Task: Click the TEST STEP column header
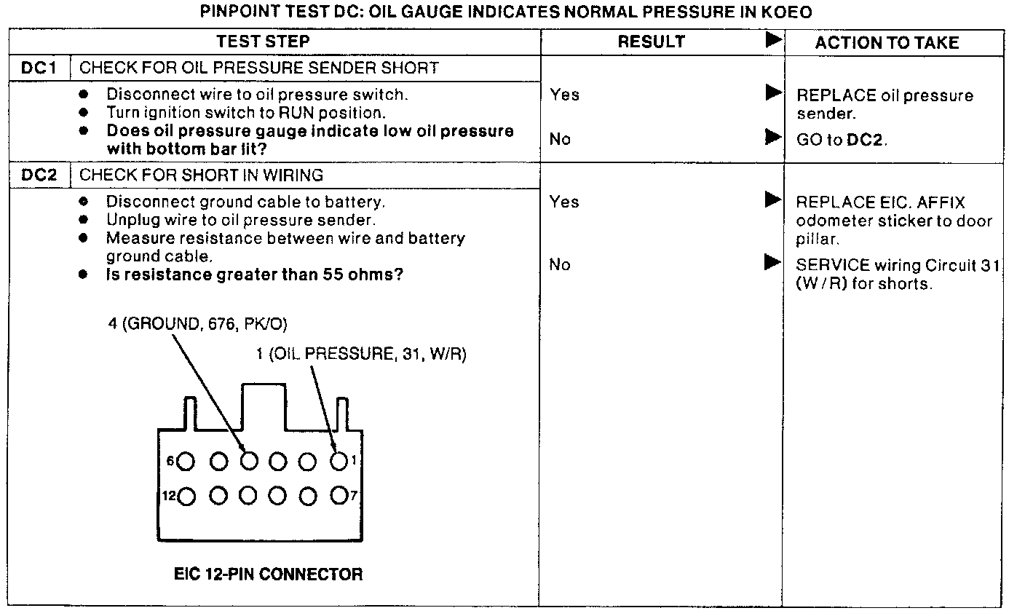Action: (263, 42)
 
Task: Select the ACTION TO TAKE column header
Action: (887, 43)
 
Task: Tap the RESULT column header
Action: (652, 42)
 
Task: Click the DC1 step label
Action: (39, 68)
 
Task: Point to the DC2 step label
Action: (39, 175)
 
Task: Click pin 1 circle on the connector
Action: (339, 461)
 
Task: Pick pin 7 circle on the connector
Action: (339, 496)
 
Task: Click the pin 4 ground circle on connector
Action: (249, 461)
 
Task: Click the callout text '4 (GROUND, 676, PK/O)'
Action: (202, 324)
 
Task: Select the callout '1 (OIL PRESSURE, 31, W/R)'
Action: (361, 355)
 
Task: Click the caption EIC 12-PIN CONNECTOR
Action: (268, 574)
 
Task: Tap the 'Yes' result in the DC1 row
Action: (564, 95)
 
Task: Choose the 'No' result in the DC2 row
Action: (559, 265)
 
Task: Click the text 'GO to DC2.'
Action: (842, 140)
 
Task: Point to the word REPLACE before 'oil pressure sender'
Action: (835, 96)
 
